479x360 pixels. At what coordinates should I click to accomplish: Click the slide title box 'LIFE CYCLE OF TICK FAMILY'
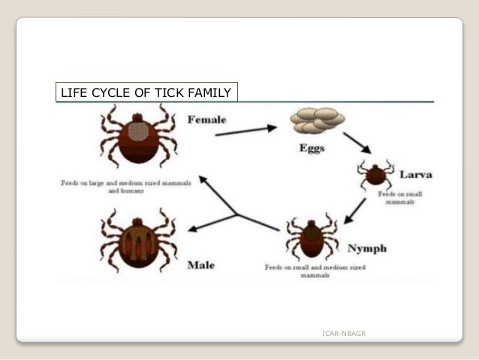coord(146,92)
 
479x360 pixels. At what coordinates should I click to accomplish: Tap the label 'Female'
coord(206,119)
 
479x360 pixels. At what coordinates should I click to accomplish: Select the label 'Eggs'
coord(312,148)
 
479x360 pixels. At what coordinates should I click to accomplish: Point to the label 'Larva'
coord(415,175)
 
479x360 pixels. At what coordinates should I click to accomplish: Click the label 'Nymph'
coord(366,249)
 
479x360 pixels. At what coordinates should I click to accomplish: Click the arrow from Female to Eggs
coord(246,132)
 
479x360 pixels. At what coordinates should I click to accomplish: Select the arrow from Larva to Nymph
coord(355,210)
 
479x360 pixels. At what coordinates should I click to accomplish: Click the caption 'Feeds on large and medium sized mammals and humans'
coord(126,186)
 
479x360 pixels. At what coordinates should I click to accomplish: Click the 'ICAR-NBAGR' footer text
coord(343,333)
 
